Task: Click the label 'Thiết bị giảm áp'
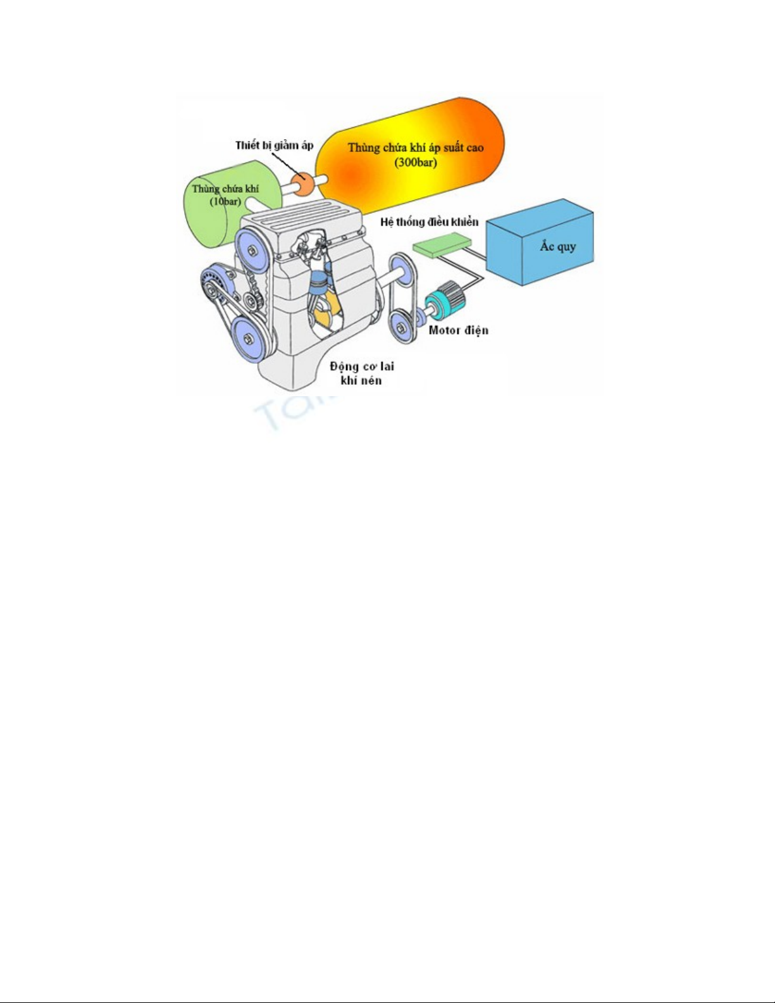click(x=274, y=146)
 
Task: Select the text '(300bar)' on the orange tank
click(x=416, y=162)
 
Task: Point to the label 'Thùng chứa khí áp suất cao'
click(x=416, y=148)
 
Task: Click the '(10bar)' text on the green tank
click(x=225, y=201)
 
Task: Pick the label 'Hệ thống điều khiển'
click(x=429, y=222)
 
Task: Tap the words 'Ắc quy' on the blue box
click(x=557, y=246)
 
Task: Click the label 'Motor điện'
click(x=458, y=330)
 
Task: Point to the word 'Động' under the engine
click(x=344, y=367)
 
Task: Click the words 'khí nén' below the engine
click(x=361, y=380)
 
